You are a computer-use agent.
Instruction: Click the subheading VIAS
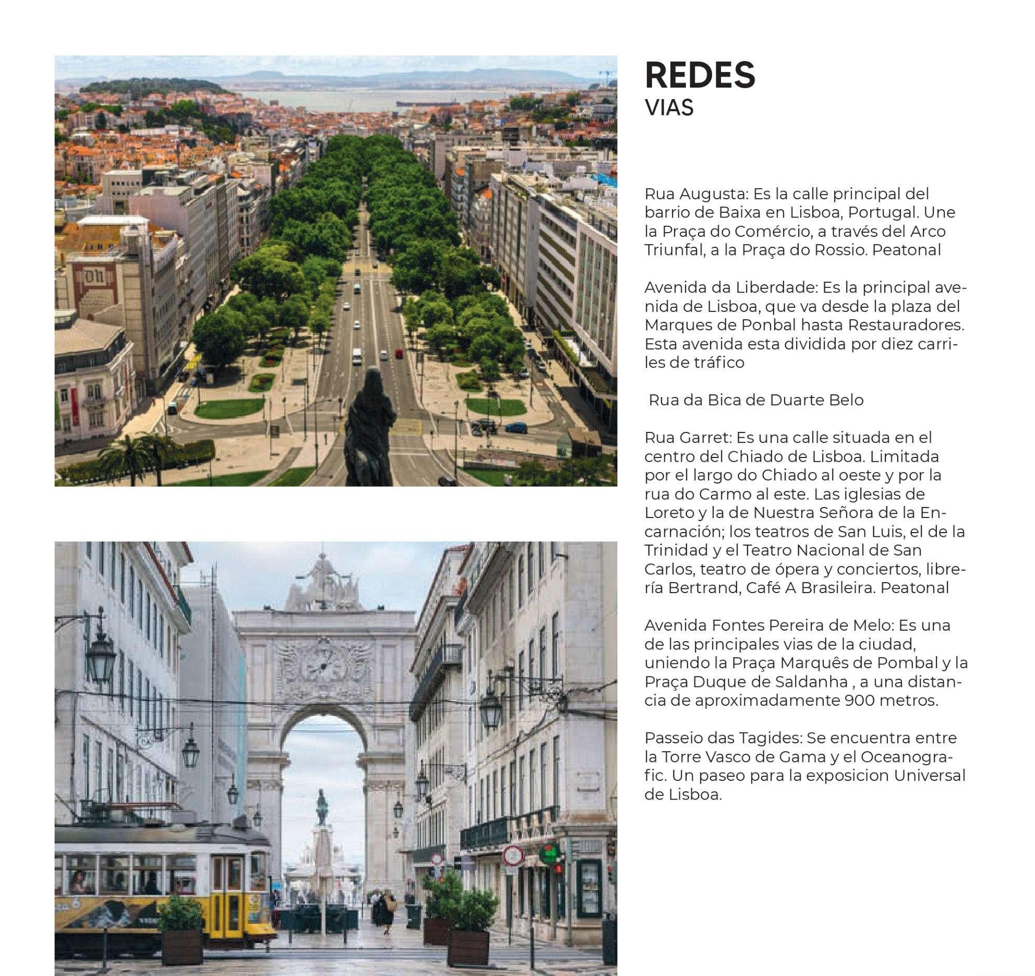pyautogui.click(x=669, y=108)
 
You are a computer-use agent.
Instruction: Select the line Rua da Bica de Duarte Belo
pyautogui.click(x=756, y=400)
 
